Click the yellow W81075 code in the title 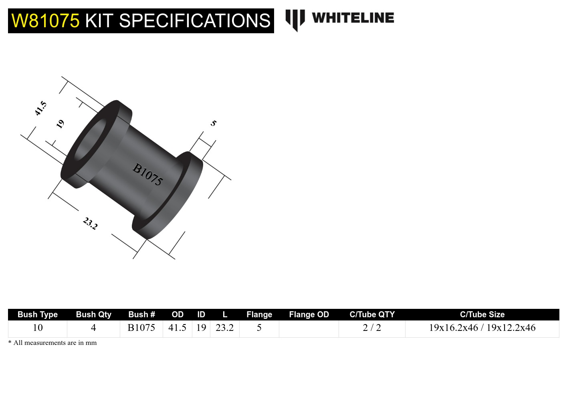45,21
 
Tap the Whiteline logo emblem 295,20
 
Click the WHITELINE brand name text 353,18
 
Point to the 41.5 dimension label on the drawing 41,109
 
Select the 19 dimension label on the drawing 60,124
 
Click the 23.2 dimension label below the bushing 90,223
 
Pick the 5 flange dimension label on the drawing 214,123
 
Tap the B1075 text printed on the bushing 147,174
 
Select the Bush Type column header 38,314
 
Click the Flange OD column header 309,314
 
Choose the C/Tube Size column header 482,314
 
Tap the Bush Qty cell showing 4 93,328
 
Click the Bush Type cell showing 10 38,328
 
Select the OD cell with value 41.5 177,328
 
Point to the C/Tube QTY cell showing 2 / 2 372,328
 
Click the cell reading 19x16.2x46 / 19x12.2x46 482,328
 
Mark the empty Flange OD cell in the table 309,328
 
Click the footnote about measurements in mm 52,343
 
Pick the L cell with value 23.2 224,328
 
